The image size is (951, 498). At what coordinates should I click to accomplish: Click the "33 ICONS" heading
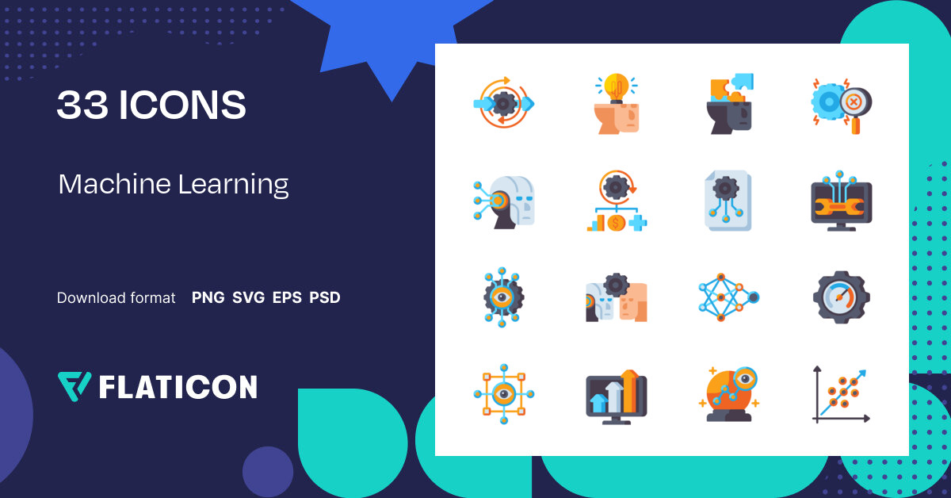151,105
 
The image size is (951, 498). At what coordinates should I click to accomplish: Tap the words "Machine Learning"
173,185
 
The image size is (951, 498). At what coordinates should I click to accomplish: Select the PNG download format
208,298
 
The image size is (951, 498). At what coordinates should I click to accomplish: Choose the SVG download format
248,298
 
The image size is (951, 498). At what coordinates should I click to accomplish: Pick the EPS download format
287,298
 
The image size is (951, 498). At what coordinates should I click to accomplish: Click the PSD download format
325,298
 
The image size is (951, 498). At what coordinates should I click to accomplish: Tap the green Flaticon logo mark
74,386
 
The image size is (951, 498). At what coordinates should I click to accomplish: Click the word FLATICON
178,387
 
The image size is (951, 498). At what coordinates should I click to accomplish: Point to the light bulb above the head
616,86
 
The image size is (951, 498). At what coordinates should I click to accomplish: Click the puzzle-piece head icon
728,104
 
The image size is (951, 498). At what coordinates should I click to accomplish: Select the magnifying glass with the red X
854,103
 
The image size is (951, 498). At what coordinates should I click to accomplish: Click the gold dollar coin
616,223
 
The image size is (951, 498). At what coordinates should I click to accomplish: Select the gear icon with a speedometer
841,298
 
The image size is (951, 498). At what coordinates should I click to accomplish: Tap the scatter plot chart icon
841,394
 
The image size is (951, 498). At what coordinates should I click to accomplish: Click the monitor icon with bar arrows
616,396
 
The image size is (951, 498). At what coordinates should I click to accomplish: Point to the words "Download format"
116,298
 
